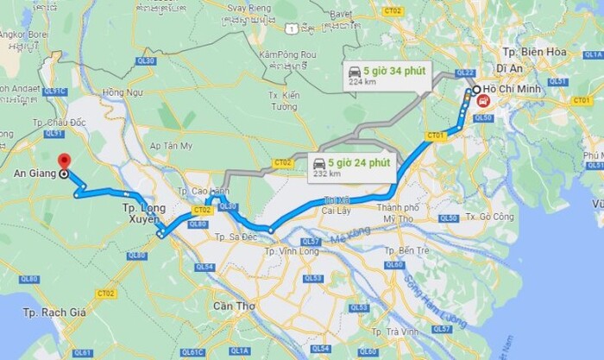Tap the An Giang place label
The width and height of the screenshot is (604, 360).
28,174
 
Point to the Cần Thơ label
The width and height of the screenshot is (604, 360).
234,306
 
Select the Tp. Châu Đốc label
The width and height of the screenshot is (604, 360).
61,123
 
